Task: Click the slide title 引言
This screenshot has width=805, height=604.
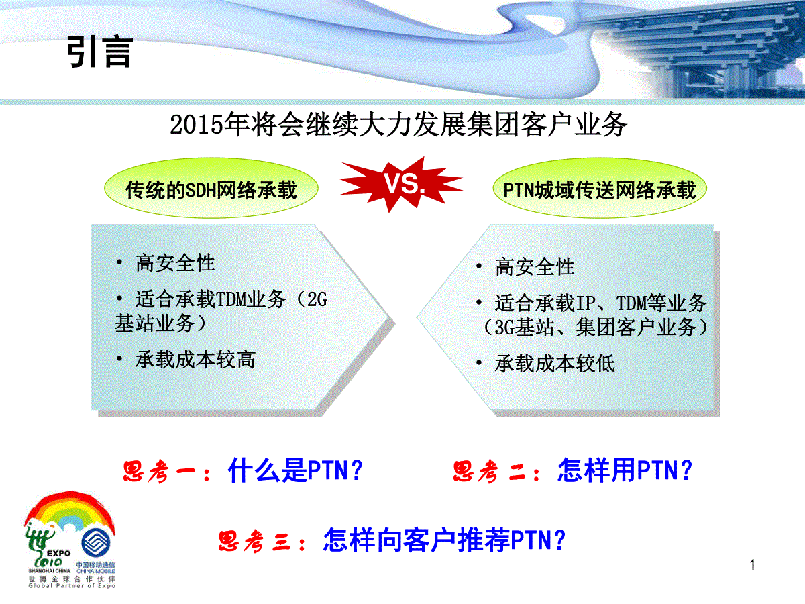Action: [x=100, y=52]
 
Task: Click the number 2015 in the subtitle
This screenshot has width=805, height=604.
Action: [x=196, y=125]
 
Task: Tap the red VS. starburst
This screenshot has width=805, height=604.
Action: [x=402, y=184]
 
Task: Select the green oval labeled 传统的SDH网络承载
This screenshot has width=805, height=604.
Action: [x=211, y=188]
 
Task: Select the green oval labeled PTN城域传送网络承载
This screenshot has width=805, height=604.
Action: [x=600, y=188]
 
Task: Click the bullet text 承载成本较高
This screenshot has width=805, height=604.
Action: [x=195, y=360]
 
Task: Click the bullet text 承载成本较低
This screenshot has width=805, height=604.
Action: [x=555, y=364]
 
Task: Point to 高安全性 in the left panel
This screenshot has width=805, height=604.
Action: [x=175, y=263]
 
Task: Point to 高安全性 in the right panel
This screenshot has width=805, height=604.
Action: [x=535, y=266]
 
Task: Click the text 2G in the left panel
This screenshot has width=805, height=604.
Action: [x=317, y=299]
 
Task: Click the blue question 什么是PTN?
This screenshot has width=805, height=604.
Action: [x=295, y=470]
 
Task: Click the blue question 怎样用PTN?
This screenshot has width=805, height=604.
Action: [x=625, y=470]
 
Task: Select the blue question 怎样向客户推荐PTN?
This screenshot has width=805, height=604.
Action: [x=444, y=540]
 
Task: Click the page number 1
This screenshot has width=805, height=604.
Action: [x=752, y=565]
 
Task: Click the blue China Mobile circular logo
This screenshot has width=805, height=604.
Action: [x=96, y=543]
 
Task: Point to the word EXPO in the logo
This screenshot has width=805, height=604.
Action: [x=58, y=553]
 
